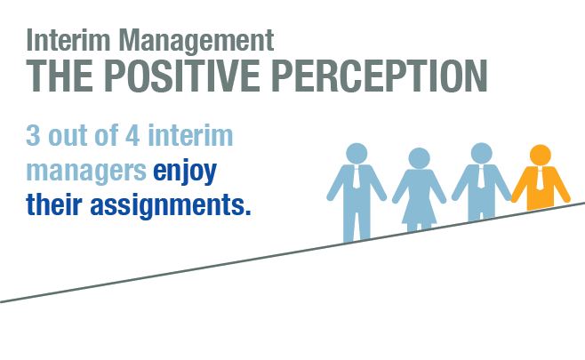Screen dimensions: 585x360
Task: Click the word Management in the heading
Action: coord(196,40)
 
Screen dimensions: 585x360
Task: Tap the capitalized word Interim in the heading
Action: coord(68,39)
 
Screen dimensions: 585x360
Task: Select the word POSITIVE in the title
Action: coord(181,76)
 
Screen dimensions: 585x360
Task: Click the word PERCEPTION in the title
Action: coord(380,76)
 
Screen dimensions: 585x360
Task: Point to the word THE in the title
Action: coord(60,76)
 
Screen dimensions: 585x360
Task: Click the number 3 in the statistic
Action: coord(33,135)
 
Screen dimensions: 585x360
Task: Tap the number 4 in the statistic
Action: coord(132,135)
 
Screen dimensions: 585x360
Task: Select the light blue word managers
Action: coord(86,171)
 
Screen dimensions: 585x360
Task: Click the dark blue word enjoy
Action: coord(185,172)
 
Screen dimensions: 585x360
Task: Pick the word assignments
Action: coord(171,205)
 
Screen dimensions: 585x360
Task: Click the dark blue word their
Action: coord(54,204)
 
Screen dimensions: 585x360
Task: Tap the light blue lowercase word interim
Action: coord(190,135)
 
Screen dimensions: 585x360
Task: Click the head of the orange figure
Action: coord(541,155)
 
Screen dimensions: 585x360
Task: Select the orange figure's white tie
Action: coord(540,179)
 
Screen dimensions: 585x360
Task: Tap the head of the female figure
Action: coord(419,158)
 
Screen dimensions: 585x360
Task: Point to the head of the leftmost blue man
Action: coord(357,154)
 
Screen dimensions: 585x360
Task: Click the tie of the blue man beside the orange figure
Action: coord(482,176)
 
